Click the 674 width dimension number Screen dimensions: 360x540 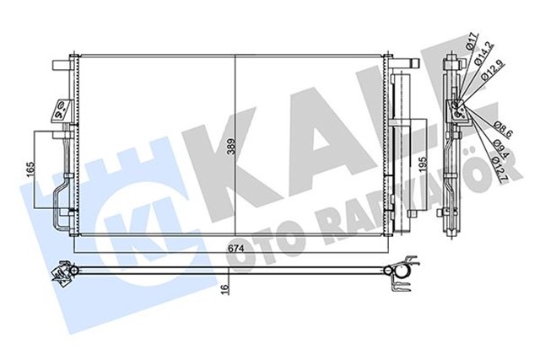[235, 249]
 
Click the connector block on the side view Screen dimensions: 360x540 [456, 108]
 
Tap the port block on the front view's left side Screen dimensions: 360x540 [61, 108]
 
